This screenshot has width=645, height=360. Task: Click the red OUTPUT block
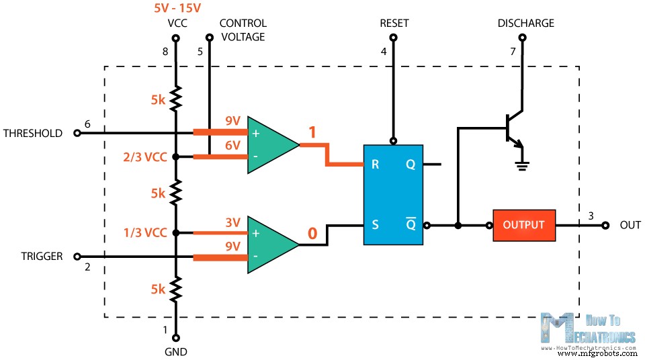coord(523,224)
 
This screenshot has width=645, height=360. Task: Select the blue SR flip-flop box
coord(393,195)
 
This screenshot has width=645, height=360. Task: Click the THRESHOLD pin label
coord(32,133)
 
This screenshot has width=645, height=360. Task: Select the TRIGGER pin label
coord(41,256)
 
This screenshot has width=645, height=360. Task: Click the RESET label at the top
coord(394,23)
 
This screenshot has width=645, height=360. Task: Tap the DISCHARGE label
coord(525,23)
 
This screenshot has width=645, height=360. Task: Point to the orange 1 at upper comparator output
coord(312,132)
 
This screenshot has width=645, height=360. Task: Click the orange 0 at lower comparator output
coord(312,234)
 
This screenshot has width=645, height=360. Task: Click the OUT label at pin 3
coord(630,225)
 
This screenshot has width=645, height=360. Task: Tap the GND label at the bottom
coord(176,352)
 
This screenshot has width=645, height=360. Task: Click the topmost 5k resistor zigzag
coord(176,99)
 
